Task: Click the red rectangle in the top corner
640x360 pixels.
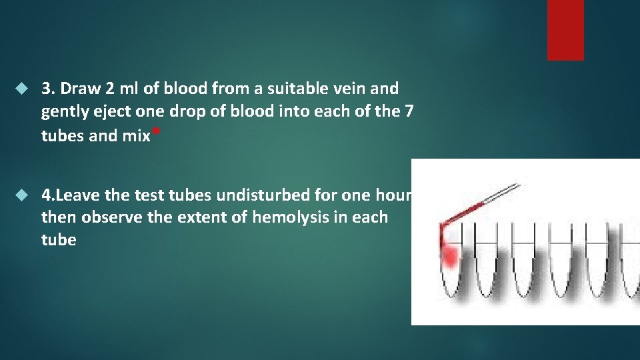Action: click(x=565, y=30)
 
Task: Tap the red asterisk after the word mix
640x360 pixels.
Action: click(x=155, y=131)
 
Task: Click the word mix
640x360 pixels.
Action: click(x=136, y=136)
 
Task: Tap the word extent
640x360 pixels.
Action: click(x=192, y=217)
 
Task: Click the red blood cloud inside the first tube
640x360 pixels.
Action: click(x=450, y=255)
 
